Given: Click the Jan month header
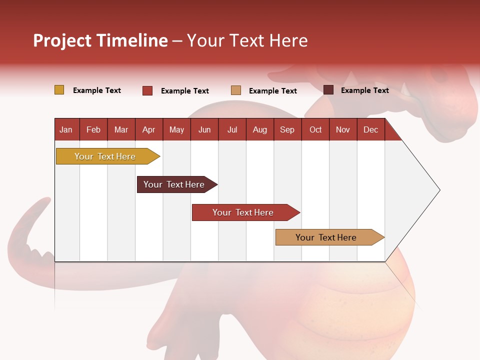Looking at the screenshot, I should pos(66,129).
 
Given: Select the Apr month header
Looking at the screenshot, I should pos(148,129).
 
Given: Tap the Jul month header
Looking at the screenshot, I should pos(232,129).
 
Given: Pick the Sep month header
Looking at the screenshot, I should pos(287,129).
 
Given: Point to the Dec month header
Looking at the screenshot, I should pos(370,129).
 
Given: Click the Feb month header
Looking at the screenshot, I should pos(93,129).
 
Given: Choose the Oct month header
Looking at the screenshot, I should pos(315,129).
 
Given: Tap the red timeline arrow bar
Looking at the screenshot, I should pos(244,212).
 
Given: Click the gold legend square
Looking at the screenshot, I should pos(59,90).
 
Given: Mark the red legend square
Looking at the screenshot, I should pos(147,90).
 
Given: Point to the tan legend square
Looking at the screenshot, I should pos(236,90).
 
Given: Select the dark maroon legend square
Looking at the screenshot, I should pos(328,90).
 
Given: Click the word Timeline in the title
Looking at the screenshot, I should pos(131,40).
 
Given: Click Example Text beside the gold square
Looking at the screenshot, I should pos(97,90).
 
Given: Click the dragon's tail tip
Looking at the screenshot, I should pos(46,201).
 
